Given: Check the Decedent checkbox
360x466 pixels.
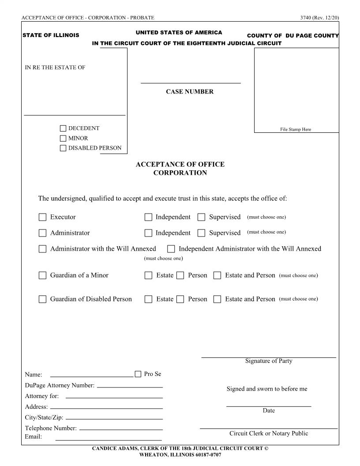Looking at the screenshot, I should point(63,128).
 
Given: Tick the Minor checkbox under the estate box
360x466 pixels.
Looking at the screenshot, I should point(63,138).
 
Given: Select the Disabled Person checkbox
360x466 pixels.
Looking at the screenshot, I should point(63,148).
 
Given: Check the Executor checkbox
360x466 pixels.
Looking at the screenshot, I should point(42,217).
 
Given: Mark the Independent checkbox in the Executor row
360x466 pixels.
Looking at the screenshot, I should point(148,217).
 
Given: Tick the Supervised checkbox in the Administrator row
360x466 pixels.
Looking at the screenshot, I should point(201,233).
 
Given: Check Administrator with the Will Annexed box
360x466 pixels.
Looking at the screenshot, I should point(42,249).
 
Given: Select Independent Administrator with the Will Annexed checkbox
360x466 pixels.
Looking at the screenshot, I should point(171,249).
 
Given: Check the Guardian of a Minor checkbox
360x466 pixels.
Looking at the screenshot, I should point(42,275).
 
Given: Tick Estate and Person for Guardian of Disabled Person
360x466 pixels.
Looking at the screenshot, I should point(217,299).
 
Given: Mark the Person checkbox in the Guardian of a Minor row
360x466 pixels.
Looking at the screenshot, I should point(180,275).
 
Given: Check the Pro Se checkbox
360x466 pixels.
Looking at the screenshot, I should point(138,374).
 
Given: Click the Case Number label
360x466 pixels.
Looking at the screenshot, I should point(190,92).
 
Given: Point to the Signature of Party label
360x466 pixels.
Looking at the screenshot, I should point(269,361).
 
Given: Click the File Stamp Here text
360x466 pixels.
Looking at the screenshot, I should point(296,130).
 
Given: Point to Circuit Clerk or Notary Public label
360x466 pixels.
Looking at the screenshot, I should point(269,433).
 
